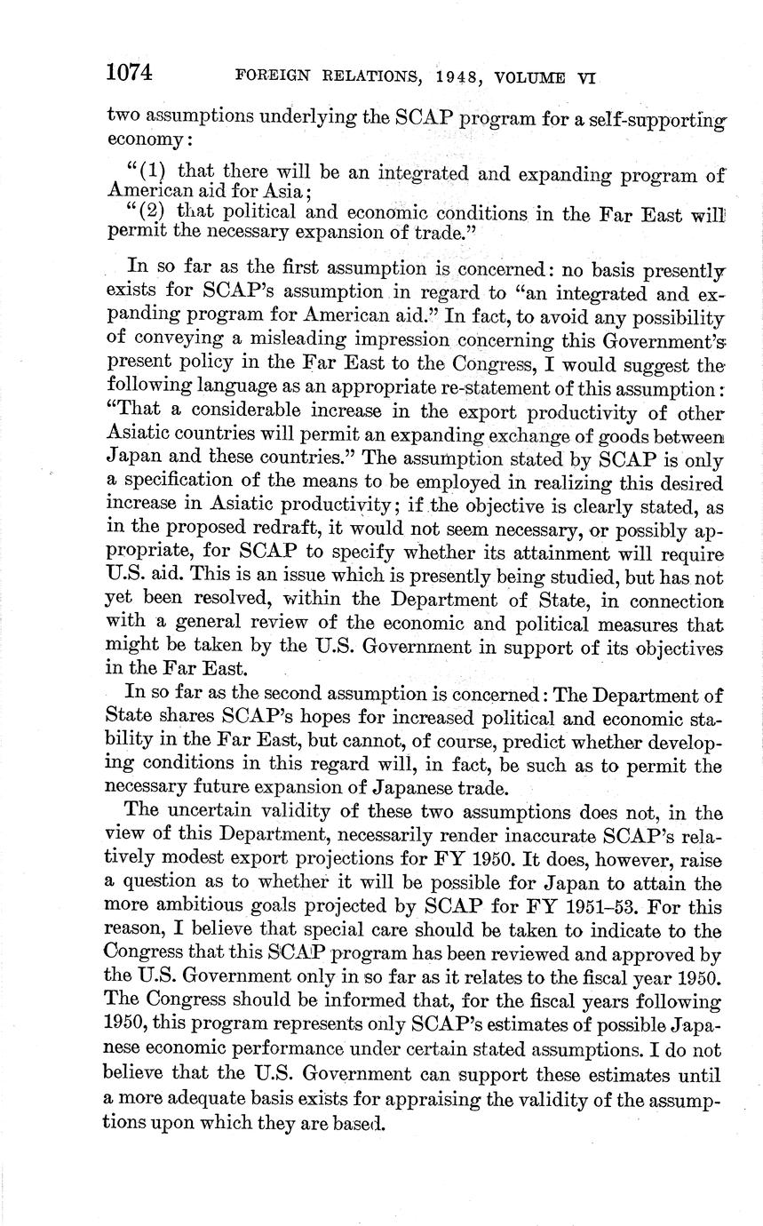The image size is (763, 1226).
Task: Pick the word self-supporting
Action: tap(658, 117)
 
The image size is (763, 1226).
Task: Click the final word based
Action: tap(359, 1122)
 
